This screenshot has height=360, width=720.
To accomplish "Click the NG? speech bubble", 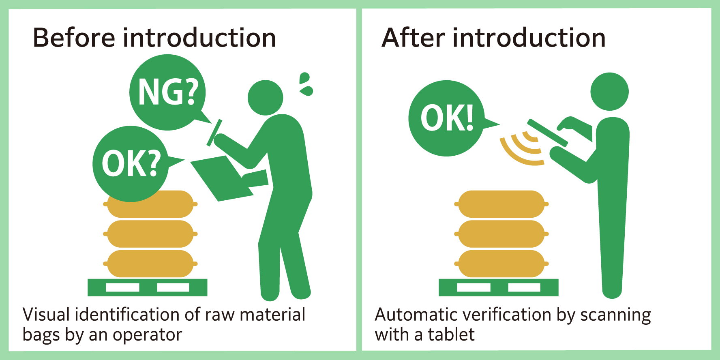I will click(167, 92).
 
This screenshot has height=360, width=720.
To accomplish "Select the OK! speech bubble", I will click(446, 118).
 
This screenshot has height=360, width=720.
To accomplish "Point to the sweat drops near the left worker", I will click(306, 84).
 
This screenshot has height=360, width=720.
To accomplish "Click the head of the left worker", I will click(265, 98).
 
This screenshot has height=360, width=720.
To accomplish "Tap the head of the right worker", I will click(609, 92).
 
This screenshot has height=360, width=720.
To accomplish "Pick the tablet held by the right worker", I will click(547, 133).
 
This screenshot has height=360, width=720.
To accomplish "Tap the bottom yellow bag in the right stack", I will click(501, 264).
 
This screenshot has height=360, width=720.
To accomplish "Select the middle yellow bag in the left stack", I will click(150, 234).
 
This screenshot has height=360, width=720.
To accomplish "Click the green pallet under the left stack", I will click(147, 287).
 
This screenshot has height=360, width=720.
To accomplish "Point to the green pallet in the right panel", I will click(498, 287).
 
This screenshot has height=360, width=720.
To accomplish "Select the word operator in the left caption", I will click(147, 335).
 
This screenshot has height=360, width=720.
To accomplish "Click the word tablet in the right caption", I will click(451, 335).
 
